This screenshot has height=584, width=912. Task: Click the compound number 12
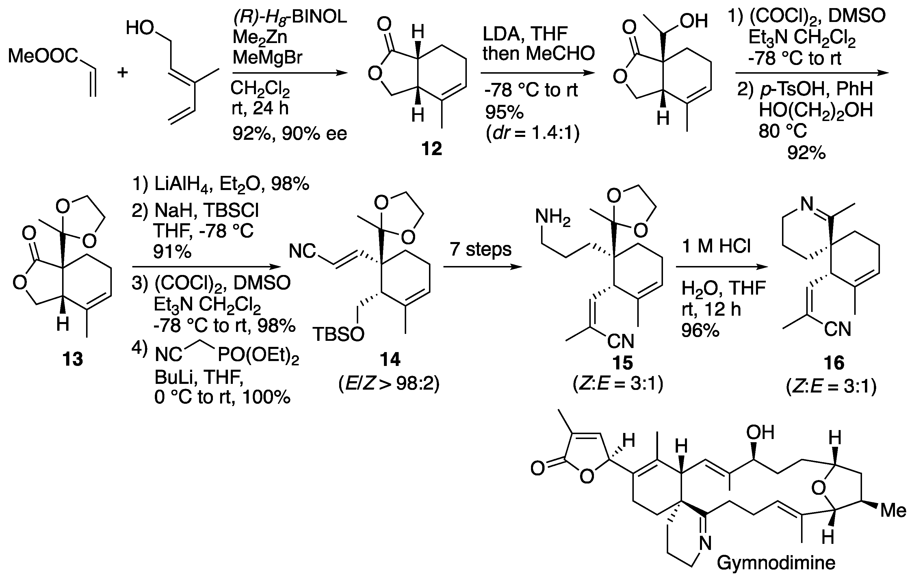coord(432,149)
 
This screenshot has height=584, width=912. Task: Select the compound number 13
coord(73,358)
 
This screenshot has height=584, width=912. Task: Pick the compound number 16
coord(834,363)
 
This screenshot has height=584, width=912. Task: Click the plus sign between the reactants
coord(122,72)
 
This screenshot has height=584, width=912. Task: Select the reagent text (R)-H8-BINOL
coord(290,17)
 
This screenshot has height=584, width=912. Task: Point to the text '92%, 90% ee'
coord(289,133)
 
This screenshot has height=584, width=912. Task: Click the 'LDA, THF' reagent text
coord(525,34)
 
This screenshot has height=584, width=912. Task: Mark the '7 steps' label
coord(480,250)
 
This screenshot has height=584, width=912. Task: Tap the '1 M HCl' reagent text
coord(716,246)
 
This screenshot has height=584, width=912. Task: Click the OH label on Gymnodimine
coord(760,432)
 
